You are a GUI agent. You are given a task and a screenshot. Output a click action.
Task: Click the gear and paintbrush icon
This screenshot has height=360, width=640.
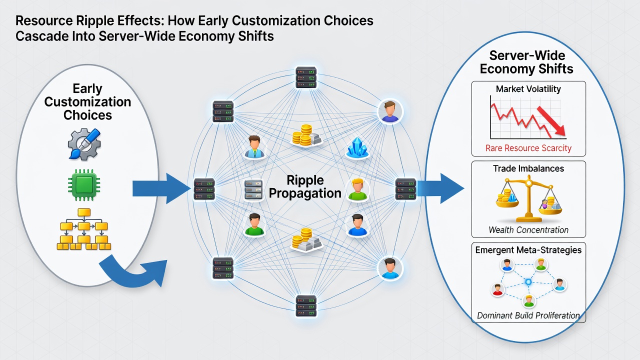coord(84,144)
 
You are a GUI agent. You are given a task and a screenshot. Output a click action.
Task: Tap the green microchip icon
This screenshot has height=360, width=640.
coord(84,184)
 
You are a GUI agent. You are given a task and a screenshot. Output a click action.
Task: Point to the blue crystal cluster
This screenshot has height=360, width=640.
coord(357,147)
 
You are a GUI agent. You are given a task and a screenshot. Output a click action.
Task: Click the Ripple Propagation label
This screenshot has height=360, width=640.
coord(305,186)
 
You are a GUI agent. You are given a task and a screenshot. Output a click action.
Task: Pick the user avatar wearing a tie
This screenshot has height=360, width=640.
coord(254,147)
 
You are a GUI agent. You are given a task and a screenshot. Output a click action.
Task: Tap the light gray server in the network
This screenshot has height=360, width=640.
coord(253,189)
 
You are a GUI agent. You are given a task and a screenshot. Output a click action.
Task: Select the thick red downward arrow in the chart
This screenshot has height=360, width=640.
coord(551,121)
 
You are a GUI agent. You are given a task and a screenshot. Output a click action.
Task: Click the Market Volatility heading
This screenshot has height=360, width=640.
coord(528,89)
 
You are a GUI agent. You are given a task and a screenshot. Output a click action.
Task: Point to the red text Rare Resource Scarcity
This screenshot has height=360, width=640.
coord(528,148)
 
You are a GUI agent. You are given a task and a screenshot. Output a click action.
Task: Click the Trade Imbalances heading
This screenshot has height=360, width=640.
coord(528,168)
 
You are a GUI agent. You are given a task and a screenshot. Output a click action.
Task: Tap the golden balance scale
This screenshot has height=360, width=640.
coord(529,199)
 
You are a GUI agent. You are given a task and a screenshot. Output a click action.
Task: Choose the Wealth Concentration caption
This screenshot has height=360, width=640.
coord(528,229)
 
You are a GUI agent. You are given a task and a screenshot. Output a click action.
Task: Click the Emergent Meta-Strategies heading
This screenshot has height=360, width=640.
coord(528,250)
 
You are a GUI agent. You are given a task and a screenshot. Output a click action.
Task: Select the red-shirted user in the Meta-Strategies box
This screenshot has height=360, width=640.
coord(497,289)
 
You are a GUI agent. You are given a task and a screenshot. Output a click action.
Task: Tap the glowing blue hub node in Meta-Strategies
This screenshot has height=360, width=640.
coord(528,282)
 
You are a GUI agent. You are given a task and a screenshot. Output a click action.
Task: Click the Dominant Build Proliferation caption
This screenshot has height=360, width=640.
coord(528,315)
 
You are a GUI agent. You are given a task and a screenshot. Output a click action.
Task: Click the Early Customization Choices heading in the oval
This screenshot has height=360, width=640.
coord(87,101)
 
